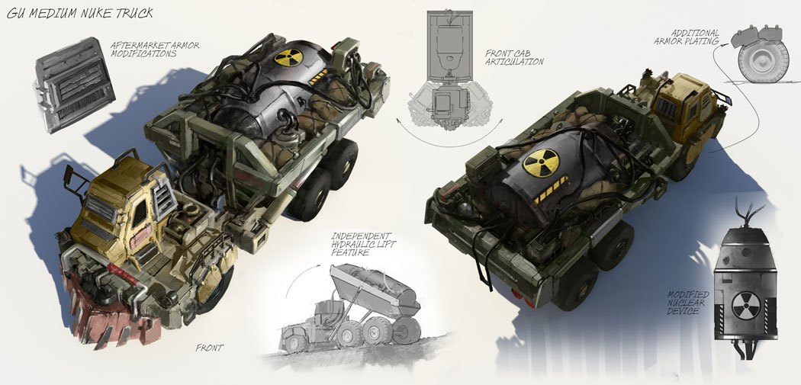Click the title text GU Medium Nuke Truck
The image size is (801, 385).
tap(79, 13)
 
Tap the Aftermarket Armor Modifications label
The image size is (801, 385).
tap(155, 49)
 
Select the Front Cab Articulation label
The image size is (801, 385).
tap(514, 57)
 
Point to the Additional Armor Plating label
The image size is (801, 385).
tap(687, 37)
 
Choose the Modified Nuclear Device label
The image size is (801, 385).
tap(688, 302)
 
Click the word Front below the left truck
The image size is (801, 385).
tap(210, 348)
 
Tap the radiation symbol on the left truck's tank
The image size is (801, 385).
tap(288, 57)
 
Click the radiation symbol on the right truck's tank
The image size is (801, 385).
tap(540, 163)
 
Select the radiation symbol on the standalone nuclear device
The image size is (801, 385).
tap(746, 306)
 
